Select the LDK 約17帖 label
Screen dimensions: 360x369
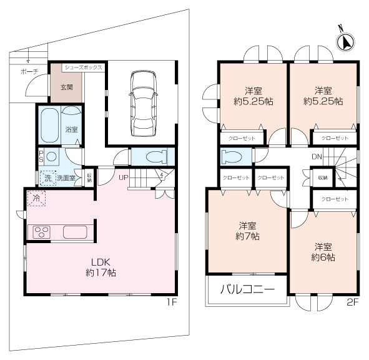coord(101,267)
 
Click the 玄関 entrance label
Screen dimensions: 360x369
coord(66,87)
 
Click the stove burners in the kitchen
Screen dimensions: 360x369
coord(42,232)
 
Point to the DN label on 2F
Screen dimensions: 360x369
coord(317,157)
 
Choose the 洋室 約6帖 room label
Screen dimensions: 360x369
coord(323,251)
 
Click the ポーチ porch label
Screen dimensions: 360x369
coord(29,72)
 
